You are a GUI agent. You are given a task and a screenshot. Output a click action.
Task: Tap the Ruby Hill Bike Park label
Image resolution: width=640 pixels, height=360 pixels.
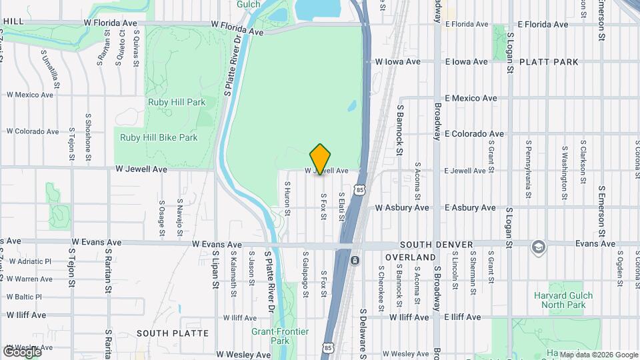click(159, 138)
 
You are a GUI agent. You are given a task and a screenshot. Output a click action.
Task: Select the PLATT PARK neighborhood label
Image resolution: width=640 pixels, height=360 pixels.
click(552, 62)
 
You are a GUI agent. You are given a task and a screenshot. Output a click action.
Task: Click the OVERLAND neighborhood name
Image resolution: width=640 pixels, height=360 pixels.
click(410, 257)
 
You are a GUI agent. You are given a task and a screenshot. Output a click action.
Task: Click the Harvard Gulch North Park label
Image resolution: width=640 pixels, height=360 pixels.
click(559, 300)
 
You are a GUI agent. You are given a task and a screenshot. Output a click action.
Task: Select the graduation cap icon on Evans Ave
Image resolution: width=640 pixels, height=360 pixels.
click(537, 247)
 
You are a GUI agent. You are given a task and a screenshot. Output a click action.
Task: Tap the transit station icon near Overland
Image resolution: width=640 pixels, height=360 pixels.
click(355, 259)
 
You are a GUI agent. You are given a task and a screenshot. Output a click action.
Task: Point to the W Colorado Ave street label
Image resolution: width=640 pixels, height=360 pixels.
click(33, 132)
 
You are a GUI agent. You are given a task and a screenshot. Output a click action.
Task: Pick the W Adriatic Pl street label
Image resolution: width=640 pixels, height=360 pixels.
click(30, 261)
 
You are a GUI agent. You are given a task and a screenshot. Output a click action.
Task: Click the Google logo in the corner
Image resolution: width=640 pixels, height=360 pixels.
click(22, 352)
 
